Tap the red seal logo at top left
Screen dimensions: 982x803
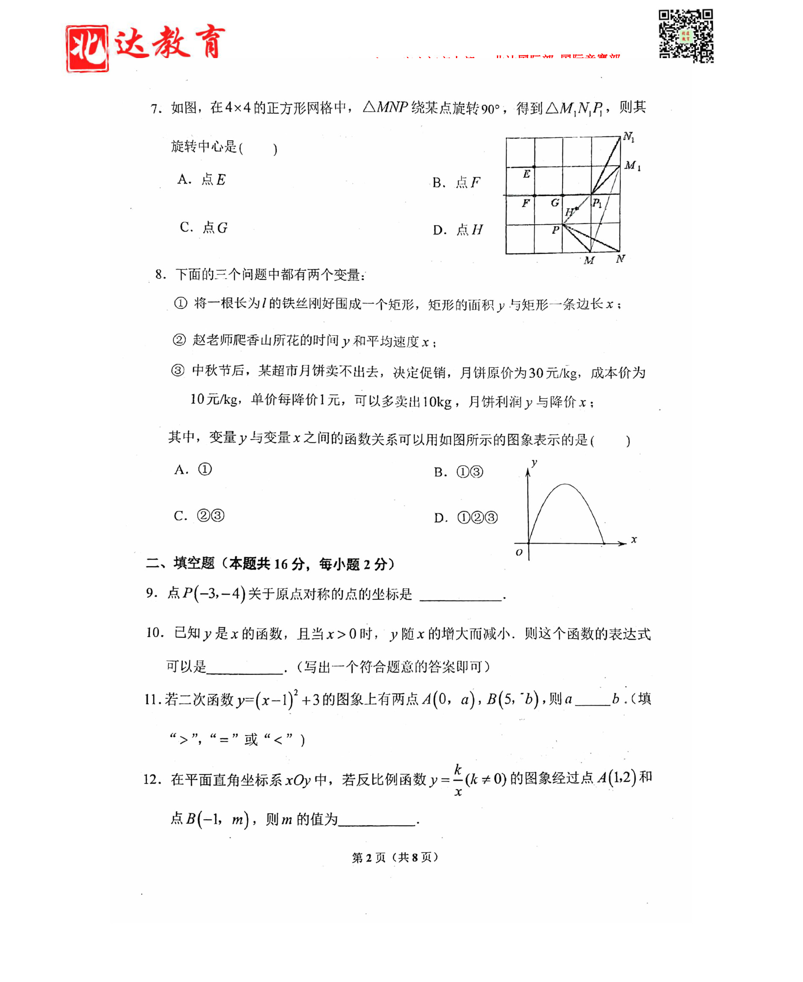87,49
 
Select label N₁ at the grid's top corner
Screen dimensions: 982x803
629,137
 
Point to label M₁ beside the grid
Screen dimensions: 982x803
632,166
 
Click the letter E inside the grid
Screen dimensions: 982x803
526,174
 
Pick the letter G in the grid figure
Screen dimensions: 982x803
555,203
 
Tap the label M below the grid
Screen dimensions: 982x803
589,260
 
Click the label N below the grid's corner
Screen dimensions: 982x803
620,259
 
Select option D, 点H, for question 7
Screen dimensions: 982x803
458,230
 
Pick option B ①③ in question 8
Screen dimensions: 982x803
458,472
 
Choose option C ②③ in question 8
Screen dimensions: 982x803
199,516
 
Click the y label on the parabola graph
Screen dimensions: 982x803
534,462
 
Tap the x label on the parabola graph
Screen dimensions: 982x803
634,539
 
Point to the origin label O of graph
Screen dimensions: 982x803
519,552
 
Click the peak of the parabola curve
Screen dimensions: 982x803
565,484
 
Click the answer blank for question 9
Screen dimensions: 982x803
461,595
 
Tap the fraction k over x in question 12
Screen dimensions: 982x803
458,780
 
